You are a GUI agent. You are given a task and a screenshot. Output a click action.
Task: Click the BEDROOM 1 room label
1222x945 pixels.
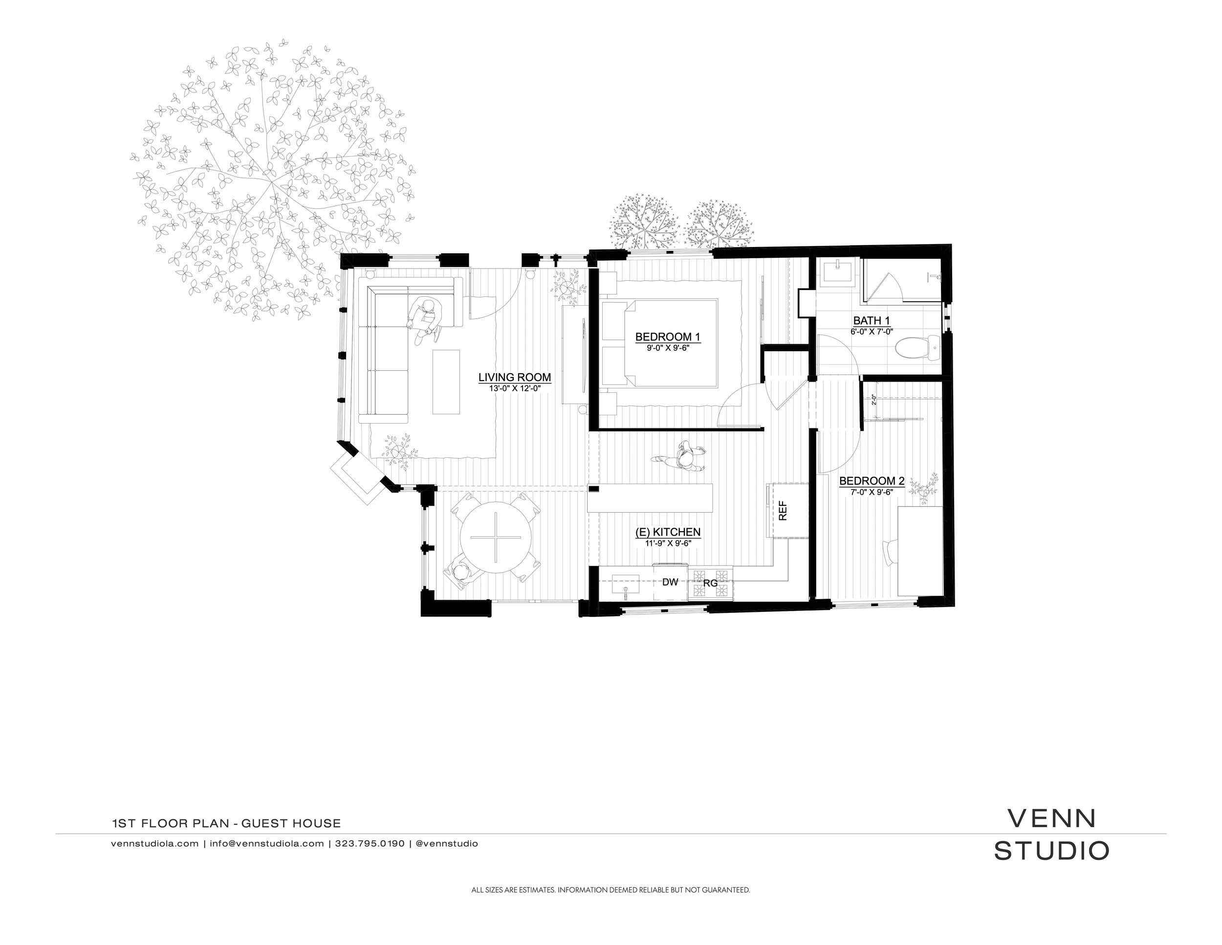tap(668, 337)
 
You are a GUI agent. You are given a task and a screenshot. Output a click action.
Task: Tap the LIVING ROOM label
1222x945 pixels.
tap(514, 377)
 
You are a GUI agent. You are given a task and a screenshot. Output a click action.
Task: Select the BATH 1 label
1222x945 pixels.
tap(871, 320)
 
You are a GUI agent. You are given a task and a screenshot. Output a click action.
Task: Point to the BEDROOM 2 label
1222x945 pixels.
tap(872, 481)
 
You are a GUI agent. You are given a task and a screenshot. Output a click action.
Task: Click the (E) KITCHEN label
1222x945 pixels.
tap(668, 532)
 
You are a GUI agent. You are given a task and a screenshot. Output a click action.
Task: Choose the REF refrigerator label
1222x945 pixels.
tap(783, 511)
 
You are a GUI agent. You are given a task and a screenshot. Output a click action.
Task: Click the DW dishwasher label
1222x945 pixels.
tap(670, 582)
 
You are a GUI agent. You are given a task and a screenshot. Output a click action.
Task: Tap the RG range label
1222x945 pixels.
tap(710, 584)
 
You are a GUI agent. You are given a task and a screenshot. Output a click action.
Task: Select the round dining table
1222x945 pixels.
tap(495, 538)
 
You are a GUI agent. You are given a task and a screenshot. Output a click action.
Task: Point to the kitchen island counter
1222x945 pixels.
tap(649, 498)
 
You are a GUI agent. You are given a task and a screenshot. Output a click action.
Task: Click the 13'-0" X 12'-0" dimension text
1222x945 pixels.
tap(514, 388)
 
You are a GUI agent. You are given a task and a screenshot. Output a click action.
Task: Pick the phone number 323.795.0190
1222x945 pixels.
tap(369, 844)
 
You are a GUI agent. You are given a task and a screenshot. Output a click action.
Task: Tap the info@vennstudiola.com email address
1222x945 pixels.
tap(267, 844)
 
